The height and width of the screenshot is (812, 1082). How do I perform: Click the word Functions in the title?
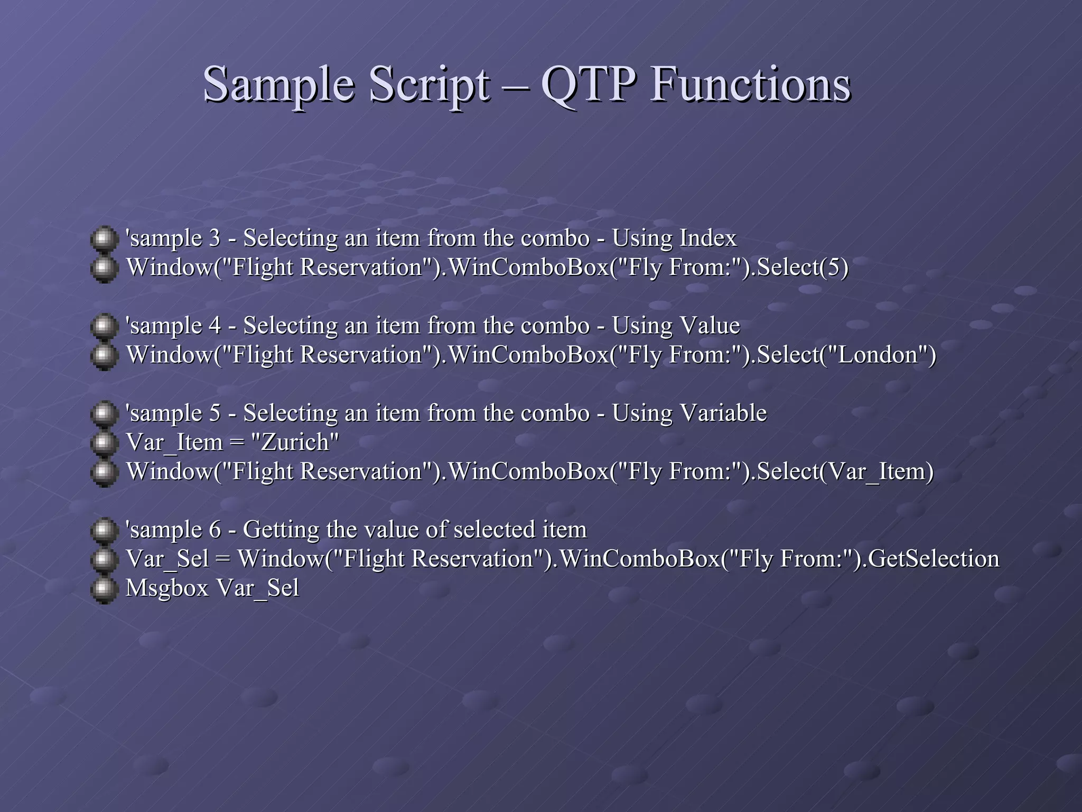point(750,85)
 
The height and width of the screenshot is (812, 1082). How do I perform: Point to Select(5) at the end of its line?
point(803,267)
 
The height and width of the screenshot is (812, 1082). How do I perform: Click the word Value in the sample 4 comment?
point(710,325)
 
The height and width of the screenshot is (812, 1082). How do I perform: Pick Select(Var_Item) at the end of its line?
point(845,472)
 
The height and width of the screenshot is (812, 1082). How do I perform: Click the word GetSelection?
point(933,559)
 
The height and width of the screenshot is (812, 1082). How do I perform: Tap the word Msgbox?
point(167,588)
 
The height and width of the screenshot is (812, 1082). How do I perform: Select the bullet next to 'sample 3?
point(104,239)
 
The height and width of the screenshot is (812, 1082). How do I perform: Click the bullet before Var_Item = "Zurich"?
point(104,444)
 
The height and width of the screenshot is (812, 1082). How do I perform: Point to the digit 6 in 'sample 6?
point(215,530)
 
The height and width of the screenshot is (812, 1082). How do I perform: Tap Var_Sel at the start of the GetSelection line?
point(167,559)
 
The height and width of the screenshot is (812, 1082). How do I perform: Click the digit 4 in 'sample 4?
point(214,326)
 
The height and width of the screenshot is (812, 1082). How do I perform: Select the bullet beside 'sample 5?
point(104,414)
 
